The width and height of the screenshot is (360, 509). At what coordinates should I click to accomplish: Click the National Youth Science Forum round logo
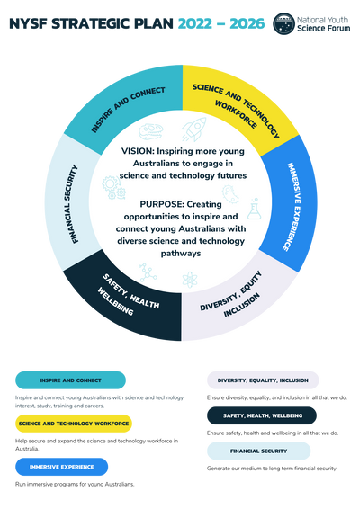(283, 23)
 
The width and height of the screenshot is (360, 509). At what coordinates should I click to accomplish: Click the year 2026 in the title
(247, 23)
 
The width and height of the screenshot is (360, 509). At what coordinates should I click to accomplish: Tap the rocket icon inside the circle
(194, 129)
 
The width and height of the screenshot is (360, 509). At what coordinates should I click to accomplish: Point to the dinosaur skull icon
(151, 131)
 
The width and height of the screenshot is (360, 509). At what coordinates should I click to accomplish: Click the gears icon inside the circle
(114, 187)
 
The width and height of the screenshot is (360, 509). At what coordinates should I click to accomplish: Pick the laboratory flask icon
(254, 209)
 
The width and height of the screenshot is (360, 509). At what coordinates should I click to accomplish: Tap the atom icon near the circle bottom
(190, 280)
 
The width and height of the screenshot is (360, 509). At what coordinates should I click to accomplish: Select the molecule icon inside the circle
(148, 272)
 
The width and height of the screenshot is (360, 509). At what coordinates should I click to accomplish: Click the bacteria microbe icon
(230, 193)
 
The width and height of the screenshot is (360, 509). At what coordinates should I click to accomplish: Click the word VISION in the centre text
(138, 151)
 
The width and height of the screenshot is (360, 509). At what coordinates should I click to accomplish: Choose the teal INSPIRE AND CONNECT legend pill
(70, 380)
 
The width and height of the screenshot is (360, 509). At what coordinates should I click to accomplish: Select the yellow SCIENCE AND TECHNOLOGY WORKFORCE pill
(74, 424)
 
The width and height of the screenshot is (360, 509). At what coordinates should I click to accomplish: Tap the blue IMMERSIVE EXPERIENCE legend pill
(62, 467)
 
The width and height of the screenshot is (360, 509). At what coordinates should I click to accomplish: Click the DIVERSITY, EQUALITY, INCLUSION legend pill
(263, 380)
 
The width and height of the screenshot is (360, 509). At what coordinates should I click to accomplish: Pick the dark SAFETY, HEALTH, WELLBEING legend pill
(262, 415)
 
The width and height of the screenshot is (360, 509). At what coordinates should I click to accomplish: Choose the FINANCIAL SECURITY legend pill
(258, 451)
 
